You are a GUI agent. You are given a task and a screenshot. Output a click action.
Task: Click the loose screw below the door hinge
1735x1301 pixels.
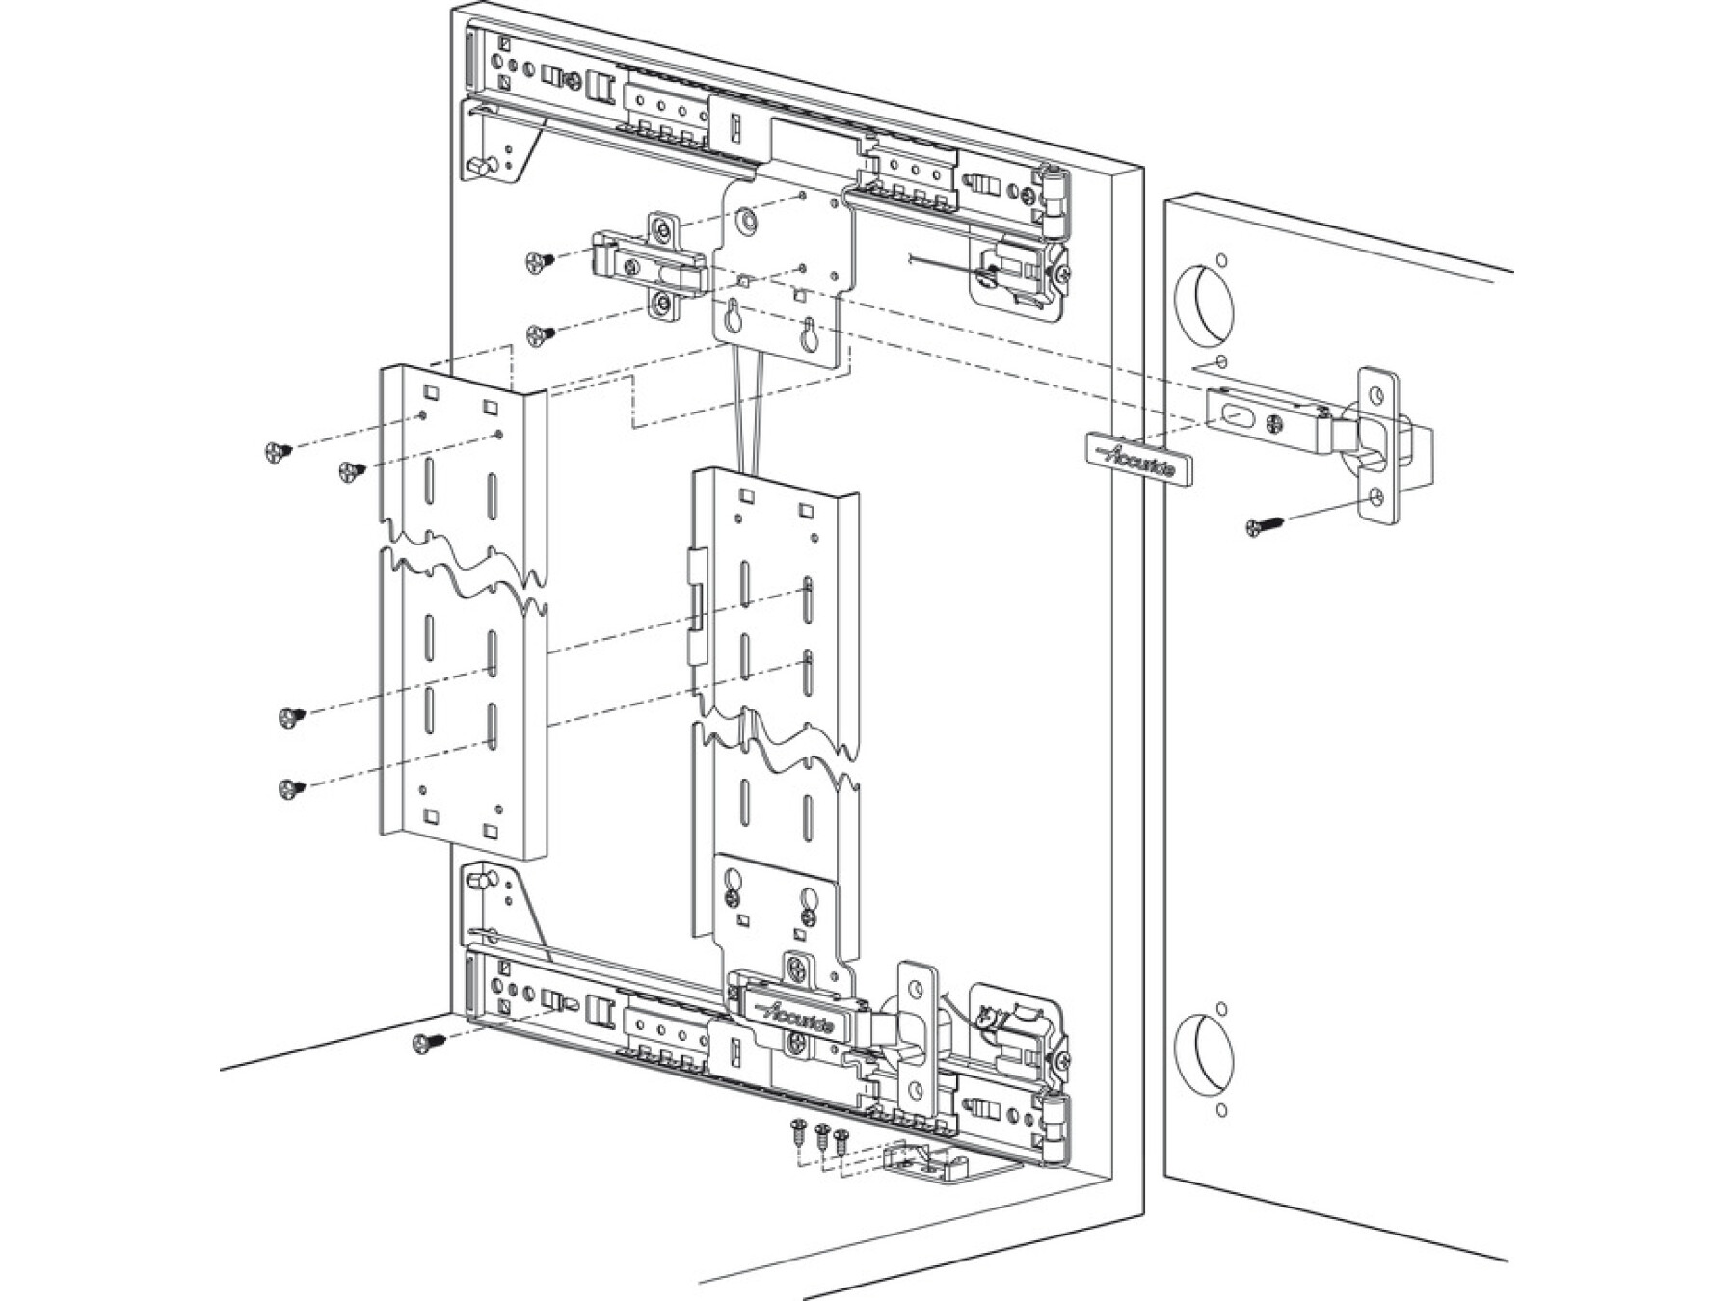pos(1264,526)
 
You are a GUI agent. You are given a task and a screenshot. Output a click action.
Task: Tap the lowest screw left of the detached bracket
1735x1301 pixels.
pos(290,789)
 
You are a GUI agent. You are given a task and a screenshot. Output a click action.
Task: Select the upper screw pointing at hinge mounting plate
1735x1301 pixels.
pos(540,260)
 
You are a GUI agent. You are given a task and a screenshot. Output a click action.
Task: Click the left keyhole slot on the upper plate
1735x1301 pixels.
pos(734,315)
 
